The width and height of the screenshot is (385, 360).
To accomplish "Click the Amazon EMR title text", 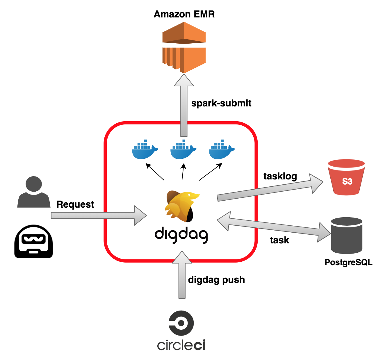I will click(184, 14).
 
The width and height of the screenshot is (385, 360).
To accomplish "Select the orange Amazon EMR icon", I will click(184, 47).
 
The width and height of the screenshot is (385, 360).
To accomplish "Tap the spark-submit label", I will click(221, 103).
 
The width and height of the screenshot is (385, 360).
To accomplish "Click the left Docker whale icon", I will click(145, 150).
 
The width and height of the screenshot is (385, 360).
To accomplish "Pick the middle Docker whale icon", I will click(183, 150).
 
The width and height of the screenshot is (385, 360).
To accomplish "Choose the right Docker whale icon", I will click(221, 150).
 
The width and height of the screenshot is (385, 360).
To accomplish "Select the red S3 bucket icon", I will click(346, 177).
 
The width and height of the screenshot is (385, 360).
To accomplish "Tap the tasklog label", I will click(280, 176).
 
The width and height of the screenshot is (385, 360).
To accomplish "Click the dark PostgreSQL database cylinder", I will click(346, 235).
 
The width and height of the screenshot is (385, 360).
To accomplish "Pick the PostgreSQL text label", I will click(348, 262).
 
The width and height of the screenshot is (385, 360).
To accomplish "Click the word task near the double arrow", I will click(279, 240).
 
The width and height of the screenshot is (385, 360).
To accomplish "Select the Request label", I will click(75, 204).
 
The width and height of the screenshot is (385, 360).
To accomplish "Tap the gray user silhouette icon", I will click(34, 193).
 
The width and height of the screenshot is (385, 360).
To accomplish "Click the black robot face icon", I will click(33, 241).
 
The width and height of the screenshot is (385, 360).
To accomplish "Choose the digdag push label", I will click(216, 280).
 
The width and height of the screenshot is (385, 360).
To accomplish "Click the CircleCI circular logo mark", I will click(181, 323).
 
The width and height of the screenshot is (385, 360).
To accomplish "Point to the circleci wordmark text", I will click(181, 345).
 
